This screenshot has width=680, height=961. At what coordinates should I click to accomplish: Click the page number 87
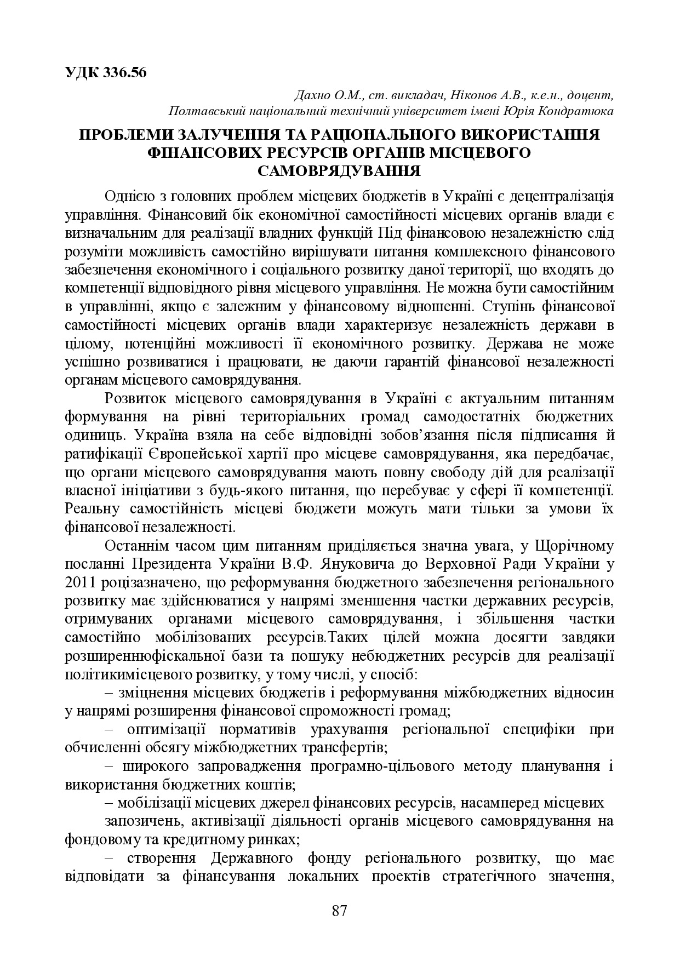[x=340, y=911]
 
